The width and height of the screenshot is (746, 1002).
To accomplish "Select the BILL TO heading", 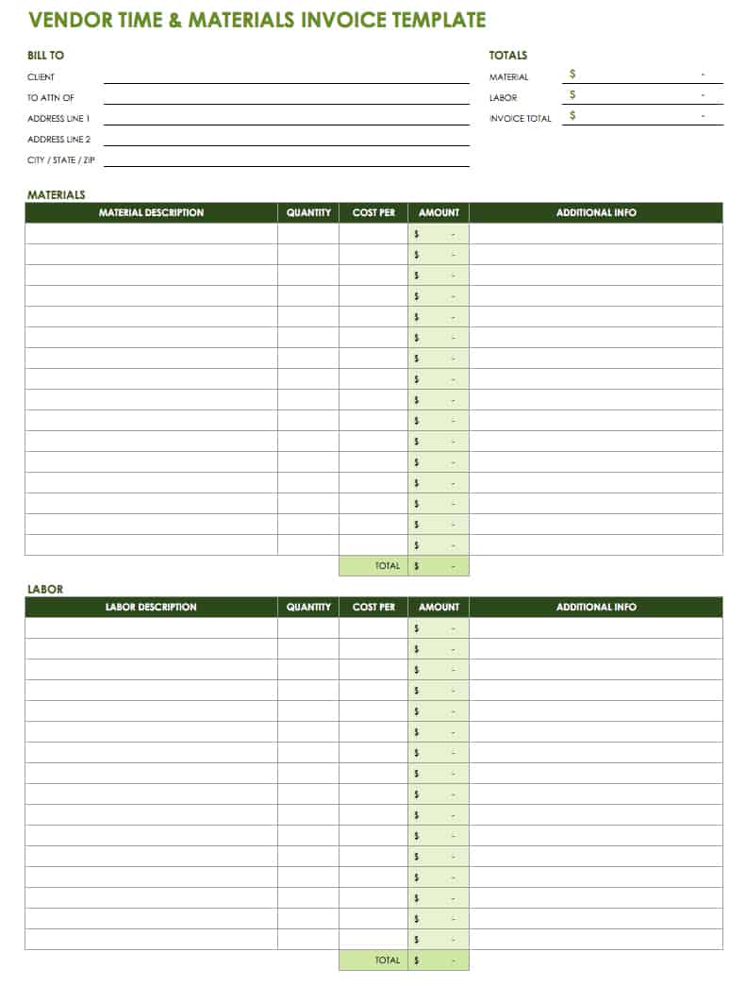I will click(45, 56).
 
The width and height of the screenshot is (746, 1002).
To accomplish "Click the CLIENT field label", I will click(41, 77).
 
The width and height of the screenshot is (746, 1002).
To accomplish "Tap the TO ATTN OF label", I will click(51, 98).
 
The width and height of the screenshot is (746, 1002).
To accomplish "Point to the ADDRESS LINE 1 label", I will click(58, 119).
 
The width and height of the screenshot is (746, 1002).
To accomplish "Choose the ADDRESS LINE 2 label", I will click(58, 140).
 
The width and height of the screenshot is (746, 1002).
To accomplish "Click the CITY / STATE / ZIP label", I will click(61, 160).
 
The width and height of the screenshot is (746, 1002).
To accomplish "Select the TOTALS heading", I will click(508, 56).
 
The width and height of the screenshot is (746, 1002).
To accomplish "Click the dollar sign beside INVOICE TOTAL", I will click(572, 115).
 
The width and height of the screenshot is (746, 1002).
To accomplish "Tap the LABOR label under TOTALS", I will click(503, 98).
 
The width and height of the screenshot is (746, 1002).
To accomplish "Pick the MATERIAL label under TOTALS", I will click(508, 77).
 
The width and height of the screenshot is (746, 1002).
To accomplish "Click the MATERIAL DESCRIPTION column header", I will click(151, 213).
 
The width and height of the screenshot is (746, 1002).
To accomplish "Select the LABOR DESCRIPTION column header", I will click(151, 608).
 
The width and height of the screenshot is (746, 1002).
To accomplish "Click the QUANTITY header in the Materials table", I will click(308, 213).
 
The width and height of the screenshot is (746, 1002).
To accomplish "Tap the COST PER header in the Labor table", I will click(373, 608).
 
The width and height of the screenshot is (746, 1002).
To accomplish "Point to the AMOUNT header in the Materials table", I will click(439, 213).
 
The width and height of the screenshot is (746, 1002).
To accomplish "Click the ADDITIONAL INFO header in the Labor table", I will click(596, 608).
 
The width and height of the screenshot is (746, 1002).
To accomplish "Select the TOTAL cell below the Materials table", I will click(388, 566).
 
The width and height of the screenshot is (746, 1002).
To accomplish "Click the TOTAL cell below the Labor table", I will click(388, 960).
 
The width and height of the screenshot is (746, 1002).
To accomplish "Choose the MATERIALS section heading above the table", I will click(56, 195).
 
